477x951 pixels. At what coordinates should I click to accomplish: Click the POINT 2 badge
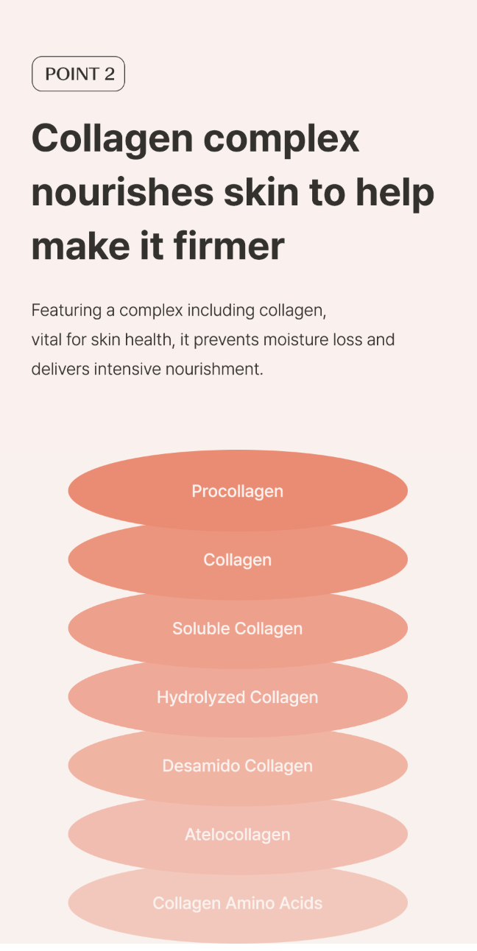click(x=78, y=74)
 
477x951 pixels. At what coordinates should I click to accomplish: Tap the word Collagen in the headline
click(x=113, y=139)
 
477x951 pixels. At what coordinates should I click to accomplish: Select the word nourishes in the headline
click(x=123, y=192)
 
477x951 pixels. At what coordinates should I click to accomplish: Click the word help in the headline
click(x=395, y=193)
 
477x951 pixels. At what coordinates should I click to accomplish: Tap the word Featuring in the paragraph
click(x=66, y=311)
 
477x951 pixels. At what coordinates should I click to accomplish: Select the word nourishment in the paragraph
click(x=214, y=369)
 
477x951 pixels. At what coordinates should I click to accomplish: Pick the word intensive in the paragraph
click(x=127, y=369)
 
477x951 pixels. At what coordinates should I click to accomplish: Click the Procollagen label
click(x=238, y=491)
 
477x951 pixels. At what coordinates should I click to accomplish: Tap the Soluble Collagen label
click(x=238, y=629)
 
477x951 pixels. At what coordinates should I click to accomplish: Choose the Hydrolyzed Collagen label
click(x=238, y=697)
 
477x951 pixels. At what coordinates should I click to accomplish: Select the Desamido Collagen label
click(x=238, y=766)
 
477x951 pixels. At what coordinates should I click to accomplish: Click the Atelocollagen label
click(x=238, y=835)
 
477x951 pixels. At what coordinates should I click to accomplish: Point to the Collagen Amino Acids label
click(x=238, y=903)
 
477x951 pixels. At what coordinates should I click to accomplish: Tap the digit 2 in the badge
click(x=110, y=74)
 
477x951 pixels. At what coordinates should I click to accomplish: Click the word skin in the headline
click(x=261, y=192)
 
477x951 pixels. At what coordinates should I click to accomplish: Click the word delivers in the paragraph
click(x=61, y=369)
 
